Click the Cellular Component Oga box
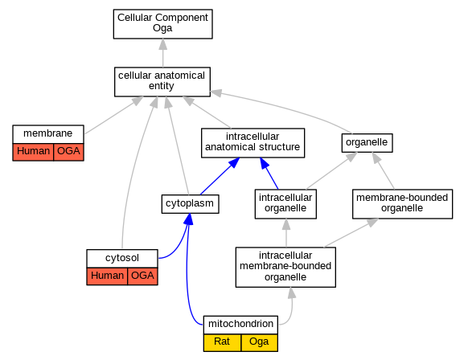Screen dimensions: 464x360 tap(162, 24)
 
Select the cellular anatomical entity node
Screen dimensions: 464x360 tap(162, 82)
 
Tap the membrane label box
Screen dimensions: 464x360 tap(48, 134)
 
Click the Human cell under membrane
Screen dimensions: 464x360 tap(33, 152)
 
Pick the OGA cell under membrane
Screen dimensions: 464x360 tap(68, 152)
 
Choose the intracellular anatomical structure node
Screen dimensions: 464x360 tap(253, 143)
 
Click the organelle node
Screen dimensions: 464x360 tap(367, 143)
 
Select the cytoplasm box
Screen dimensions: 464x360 tap(190, 204)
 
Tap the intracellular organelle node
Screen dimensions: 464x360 tap(285, 204)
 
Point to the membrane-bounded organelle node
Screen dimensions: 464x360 tap(402, 204)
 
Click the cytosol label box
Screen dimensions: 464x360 tap(122, 259)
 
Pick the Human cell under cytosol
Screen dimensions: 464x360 tap(107, 276)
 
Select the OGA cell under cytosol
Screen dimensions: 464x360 tap(142, 276)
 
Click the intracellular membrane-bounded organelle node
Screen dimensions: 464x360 tap(285, 267)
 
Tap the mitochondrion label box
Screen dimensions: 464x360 tap(240, 325)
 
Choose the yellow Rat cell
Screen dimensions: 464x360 tap(222, 342)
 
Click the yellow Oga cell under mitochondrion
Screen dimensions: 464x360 tap(260, 342)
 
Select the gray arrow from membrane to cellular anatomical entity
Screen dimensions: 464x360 tap(114, 115)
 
